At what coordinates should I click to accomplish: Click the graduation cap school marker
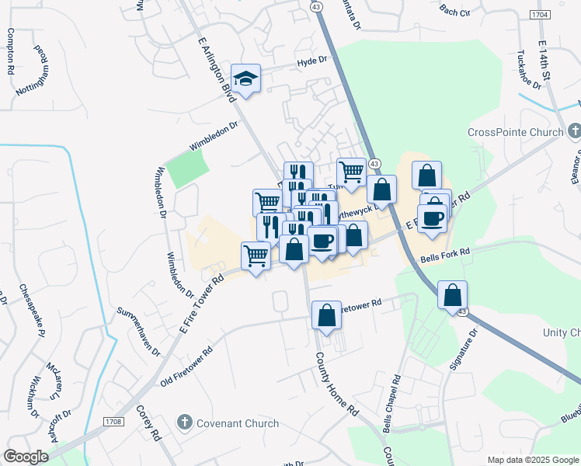[x=246, y=78]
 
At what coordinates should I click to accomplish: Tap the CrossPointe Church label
[x=515, y=132]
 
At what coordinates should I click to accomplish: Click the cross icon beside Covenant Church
[x=185, y=423]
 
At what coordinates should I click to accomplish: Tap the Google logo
[x=26, y=457]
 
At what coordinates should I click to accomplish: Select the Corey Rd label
[x=148, y=423]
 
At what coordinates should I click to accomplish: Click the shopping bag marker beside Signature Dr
[x=452, y=296]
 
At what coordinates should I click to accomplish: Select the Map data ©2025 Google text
[x=533, y=460]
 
